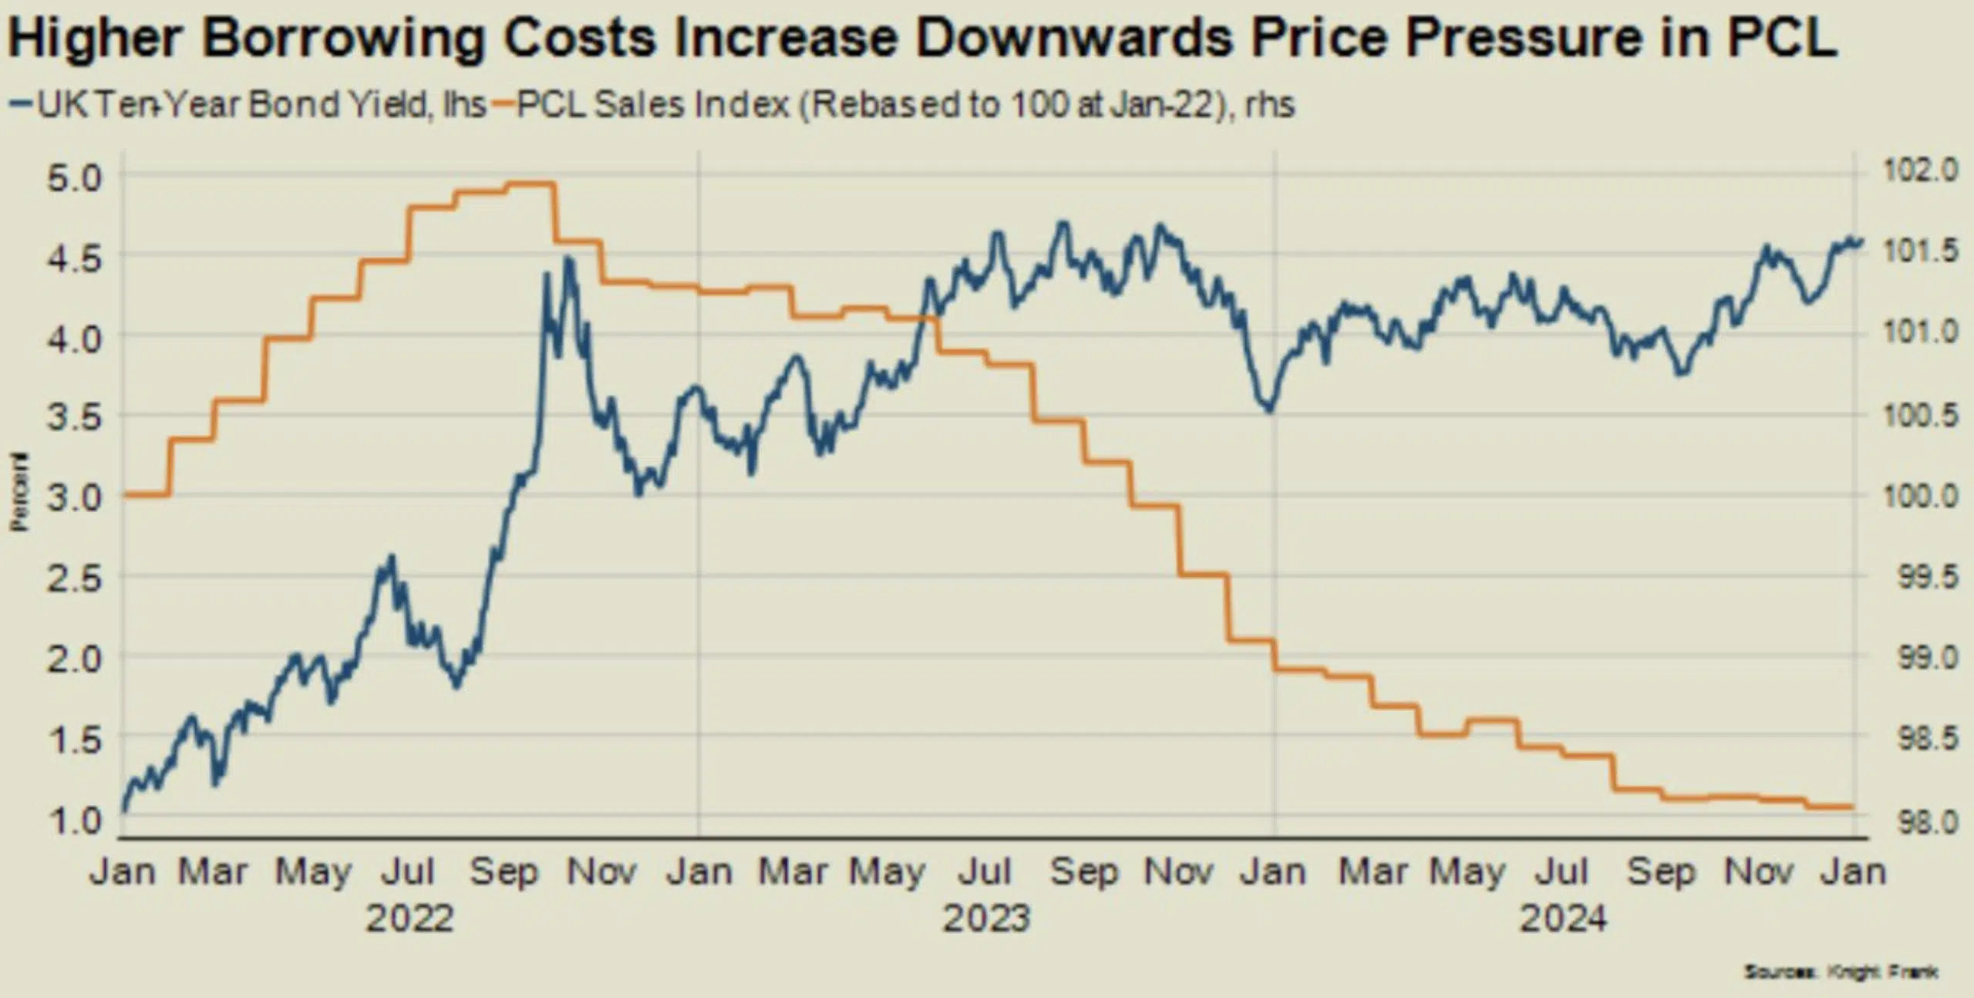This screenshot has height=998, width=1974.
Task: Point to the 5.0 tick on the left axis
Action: (74, 179)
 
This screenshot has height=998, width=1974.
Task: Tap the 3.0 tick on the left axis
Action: (74, 497)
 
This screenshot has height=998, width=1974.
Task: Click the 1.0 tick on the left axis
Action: (74, 820)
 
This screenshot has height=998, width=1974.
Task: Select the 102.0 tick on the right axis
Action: (1920, 170)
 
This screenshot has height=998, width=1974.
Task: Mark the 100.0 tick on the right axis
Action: (1920, 496)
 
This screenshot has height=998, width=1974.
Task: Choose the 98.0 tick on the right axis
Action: (1925, 822)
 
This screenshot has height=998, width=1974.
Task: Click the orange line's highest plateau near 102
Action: (529, 184)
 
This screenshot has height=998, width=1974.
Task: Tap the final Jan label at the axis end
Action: (1853, 872)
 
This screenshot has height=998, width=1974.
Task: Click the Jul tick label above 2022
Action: (409, 872)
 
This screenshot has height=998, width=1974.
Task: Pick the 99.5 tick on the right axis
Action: (1925, 578)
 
